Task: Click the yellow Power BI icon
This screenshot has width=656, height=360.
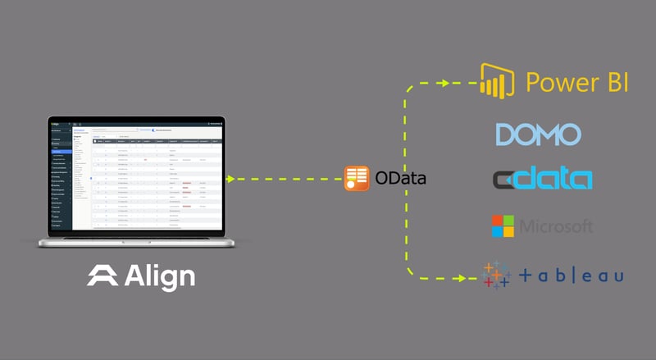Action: point(496,83)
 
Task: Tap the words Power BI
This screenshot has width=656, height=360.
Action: point(577,83)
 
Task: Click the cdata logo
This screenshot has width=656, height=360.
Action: point(541,178)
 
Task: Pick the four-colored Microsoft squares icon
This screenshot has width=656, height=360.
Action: point(503,226)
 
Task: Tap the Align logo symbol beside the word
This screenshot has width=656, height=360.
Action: point(102,276)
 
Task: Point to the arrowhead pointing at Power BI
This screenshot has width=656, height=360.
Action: point(444,82)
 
